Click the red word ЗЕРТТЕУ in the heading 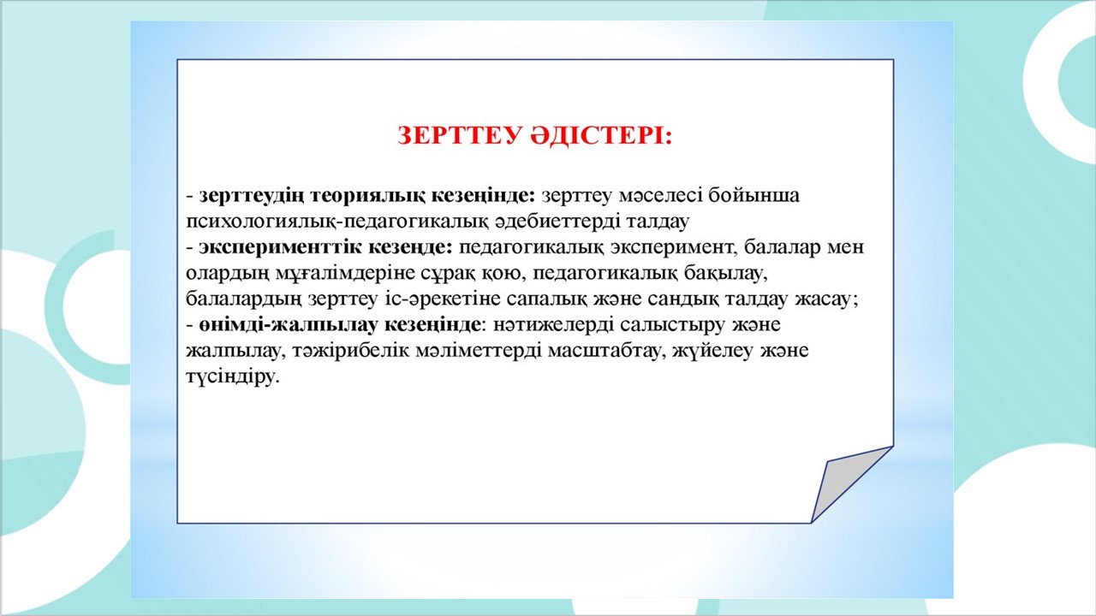click(459, 135)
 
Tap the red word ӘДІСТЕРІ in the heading click(601, 135)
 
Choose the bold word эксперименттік click(280, 248)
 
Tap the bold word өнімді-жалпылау click(289, 325)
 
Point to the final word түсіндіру click(233, 377)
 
